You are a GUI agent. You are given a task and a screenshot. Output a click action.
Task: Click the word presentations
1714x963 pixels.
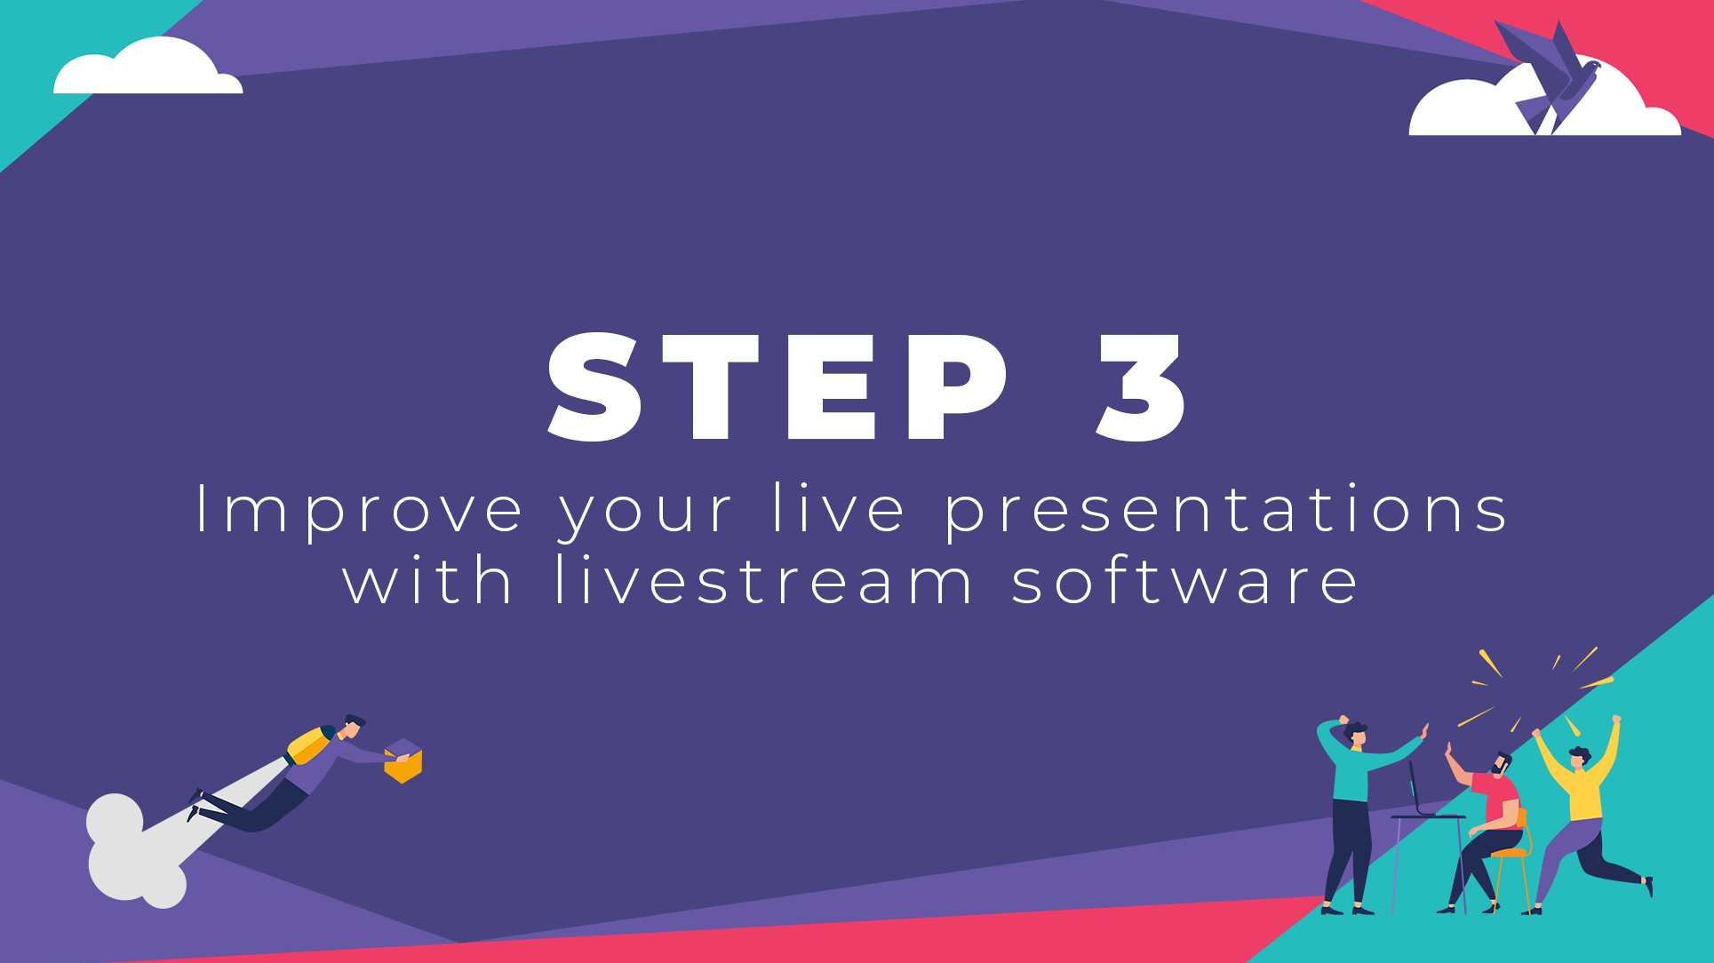1226,510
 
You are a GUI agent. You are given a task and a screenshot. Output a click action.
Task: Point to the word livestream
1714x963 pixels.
764,580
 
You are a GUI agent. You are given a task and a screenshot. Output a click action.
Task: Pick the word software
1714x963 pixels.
1185,580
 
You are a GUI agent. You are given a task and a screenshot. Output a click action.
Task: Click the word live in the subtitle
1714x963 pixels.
839,508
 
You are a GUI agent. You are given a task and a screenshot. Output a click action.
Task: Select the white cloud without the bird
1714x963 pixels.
147,68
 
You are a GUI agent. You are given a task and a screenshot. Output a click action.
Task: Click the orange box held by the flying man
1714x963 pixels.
403,761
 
